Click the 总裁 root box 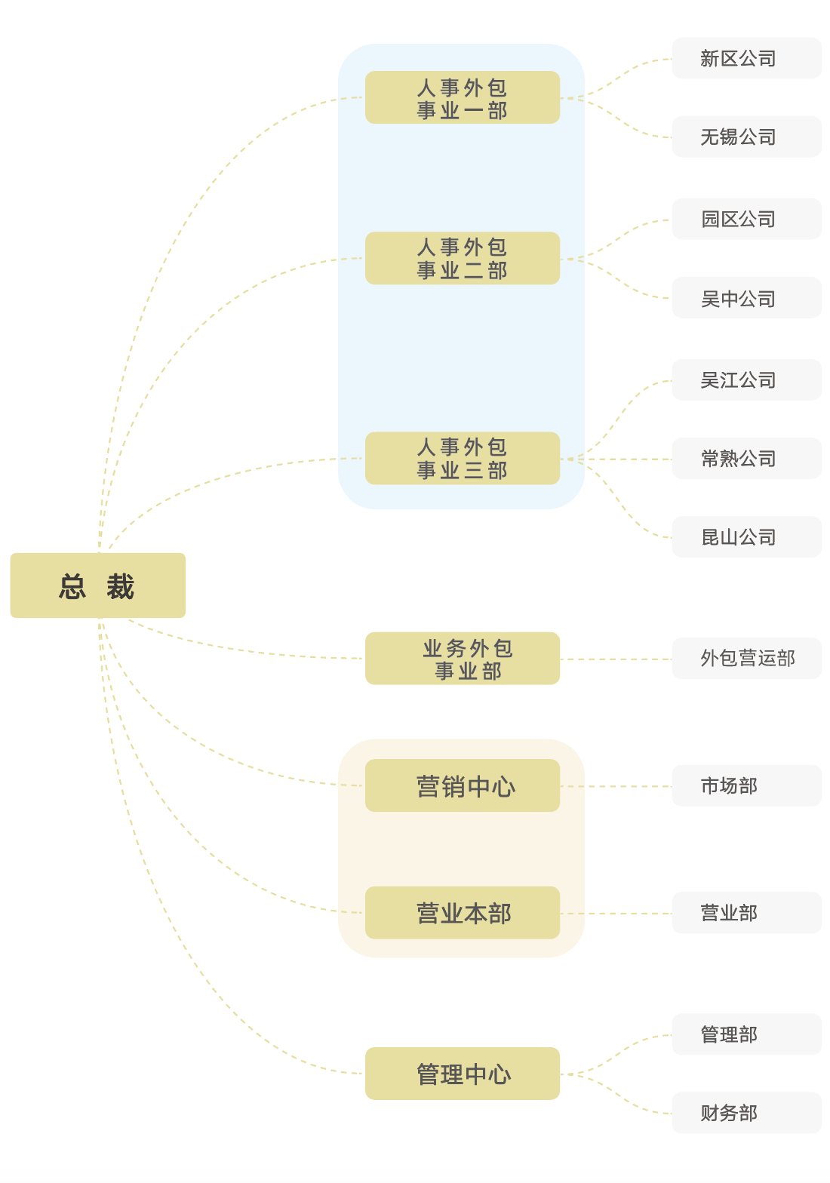[x=97, y=585]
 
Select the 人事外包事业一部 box [x=462, y=97]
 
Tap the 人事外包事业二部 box [x=462, y=258]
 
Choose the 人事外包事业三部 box [x=462, y=458]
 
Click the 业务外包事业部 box [x=462, y=659]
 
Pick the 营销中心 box [x=462, y=785]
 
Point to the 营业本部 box [x=462, y=913]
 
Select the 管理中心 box [x=462, y=1074]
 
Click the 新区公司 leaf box [x=746, y=58]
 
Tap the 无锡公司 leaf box [x=746, y=137]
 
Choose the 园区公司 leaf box [x=746, y=219]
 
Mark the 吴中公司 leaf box [x=746, y=298]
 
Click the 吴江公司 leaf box [x=746, y=379]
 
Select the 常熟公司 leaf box [x=746, y=458]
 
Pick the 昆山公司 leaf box [x=746, y=537]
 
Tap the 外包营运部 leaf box [x=746, y=658]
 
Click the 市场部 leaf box [x=746, y=785]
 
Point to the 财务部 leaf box [x=746, y=1113]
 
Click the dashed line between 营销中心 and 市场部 [x=616, y=786]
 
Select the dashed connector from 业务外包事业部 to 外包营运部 [x=616, y=659]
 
